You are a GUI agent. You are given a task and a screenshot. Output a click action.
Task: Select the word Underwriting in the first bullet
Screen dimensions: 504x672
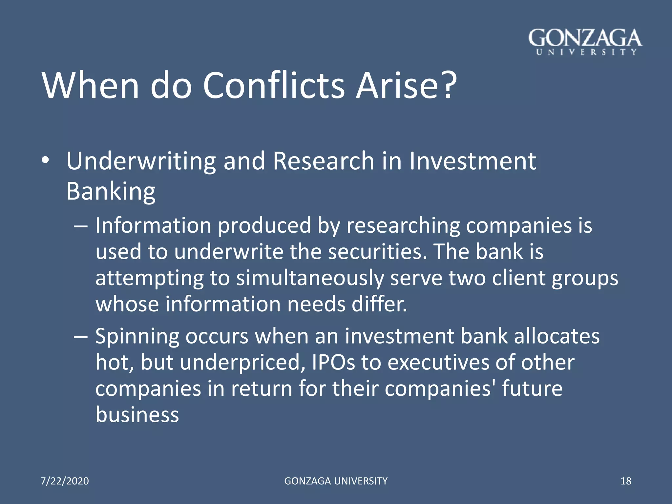[141, 161]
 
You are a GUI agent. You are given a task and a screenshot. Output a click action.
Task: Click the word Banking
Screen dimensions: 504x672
[111, 191]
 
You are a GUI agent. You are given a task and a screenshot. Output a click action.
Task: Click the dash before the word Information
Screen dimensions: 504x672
[81, 226]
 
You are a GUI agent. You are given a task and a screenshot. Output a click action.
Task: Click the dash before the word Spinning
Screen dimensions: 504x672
[81, 337]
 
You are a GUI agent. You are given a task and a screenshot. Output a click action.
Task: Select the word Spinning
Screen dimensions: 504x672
[137, 337]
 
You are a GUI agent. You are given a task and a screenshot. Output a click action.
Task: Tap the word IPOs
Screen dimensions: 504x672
[333, 363]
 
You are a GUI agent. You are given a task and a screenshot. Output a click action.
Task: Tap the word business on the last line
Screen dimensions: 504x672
[137, 414]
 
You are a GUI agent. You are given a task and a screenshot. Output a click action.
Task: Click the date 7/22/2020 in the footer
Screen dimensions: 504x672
[65, 481]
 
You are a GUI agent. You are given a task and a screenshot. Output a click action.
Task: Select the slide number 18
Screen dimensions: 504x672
[626, 481]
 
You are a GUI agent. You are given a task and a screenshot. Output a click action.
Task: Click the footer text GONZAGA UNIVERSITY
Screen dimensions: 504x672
[336, 481]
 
